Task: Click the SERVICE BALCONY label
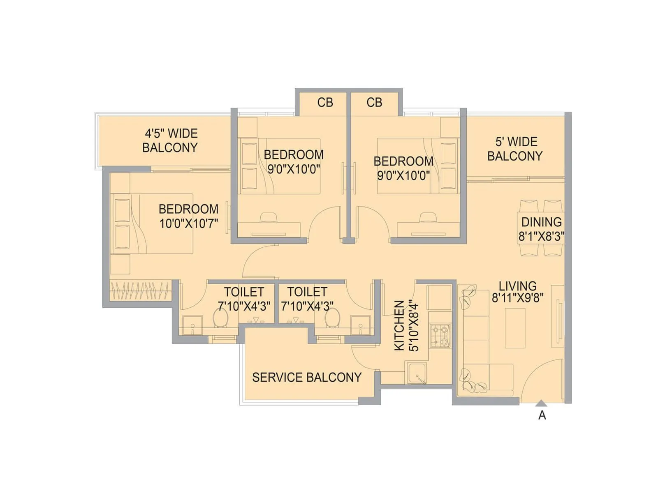click(x=306, y=377)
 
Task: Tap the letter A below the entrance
click(x=542, y=416)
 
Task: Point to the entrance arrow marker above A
click(x=542, y=403)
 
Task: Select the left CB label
click(x=325, y=102)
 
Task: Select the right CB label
click(x=374, y=102)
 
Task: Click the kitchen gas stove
click(x=440, y=335)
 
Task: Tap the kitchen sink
click(x=416, y=373)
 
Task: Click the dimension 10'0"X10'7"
click(x=188, y=223)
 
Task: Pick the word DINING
click(x=541, y=222)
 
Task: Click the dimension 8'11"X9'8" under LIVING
click(x=517, y=297)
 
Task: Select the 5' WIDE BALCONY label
click(x=515, y=149)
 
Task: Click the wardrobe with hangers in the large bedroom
click(x=140, y=290)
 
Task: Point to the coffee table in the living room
click(x=515, y=328)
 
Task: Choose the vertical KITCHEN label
click(x=399, y=325)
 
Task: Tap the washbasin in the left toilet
click(x=192, y=325)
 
